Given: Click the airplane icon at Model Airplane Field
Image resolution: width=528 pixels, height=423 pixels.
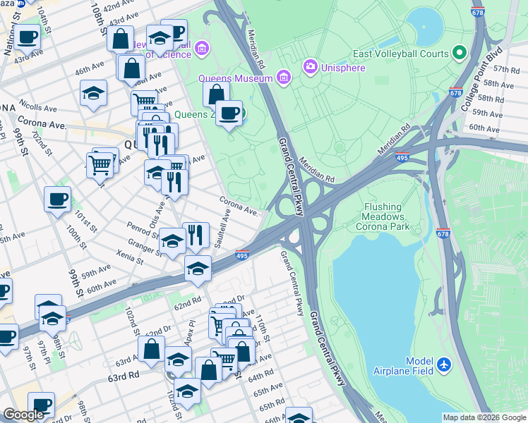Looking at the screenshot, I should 444,364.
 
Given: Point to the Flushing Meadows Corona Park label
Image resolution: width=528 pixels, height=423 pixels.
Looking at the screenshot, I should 386,217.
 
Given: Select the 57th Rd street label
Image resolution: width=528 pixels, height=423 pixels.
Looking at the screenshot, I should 506,69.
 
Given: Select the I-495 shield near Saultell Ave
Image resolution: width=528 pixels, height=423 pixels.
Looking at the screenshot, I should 241,256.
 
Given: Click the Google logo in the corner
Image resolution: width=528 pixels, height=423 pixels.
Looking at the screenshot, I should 23,415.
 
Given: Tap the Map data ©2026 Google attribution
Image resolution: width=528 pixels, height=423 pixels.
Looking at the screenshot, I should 484,417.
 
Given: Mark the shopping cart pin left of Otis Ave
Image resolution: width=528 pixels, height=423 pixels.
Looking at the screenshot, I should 100,165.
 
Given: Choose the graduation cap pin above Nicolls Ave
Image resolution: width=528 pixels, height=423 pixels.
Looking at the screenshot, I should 94,92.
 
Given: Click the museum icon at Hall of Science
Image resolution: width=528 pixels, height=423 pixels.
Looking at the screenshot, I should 203,48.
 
